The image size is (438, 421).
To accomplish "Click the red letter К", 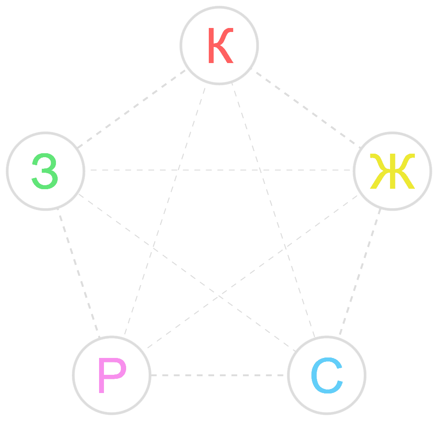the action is click(221, 45).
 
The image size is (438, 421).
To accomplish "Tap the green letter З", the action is click(45, 171).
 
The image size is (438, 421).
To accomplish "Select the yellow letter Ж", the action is click(393, 171).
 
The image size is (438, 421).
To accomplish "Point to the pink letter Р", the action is click(112, 375).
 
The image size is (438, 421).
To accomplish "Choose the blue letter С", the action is click(327, 375).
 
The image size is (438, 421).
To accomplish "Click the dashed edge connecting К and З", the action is click(131, 109).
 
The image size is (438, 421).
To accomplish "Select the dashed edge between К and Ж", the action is click(307, 108).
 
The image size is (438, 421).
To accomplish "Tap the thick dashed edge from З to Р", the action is click(79, 273).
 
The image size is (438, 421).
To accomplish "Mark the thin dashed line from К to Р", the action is click(165, 211).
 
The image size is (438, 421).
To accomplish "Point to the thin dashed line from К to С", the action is click(273, 210).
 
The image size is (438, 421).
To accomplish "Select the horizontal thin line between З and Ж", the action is click(221, 170).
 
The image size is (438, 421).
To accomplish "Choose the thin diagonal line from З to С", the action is click(187, 273).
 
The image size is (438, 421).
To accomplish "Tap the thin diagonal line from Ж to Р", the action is click(252, 272).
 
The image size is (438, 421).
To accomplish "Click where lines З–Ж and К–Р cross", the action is click(179, 170).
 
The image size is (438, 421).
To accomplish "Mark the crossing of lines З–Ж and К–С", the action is click(260, 170).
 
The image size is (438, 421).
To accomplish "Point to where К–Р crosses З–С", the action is click(153, 248).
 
